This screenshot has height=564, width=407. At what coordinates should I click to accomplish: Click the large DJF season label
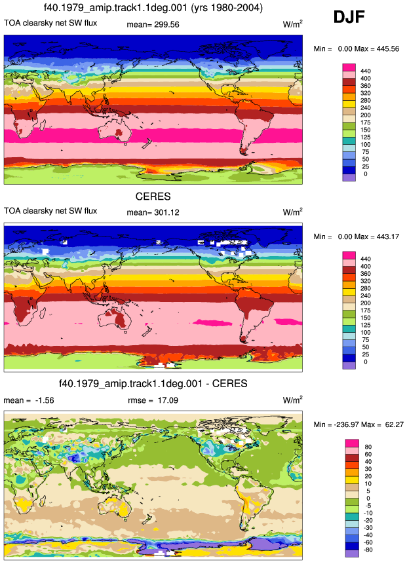(x=349, y=17)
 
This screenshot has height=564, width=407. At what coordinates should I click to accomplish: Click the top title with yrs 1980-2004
(x=153, y=8)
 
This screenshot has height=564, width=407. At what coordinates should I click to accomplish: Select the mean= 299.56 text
(x=153, y=24)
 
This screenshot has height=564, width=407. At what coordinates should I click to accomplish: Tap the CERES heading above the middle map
(x=153, y=197)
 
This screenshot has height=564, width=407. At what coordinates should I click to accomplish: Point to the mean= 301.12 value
(x=153, y=213)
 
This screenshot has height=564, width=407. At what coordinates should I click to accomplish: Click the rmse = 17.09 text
(x=153, y=400)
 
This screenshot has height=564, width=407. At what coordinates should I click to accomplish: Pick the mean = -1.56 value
(x=29, y=400)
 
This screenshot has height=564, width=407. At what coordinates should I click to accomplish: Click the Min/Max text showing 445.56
(x=357, y=49)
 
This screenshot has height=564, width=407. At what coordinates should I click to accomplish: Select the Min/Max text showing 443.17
(x=357, y=236)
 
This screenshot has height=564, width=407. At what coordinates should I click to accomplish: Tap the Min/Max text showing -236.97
(x=359, y=424)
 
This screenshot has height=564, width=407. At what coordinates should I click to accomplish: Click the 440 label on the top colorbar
(x=366, y=71)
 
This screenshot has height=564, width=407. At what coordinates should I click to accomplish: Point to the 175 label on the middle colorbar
(x=366, y=310)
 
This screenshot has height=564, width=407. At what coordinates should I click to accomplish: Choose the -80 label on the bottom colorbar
(x=367, y=550)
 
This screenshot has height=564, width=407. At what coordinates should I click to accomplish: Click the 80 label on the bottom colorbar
(x=368, y=447)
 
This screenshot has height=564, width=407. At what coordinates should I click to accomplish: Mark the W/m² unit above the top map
(x=292, y=24)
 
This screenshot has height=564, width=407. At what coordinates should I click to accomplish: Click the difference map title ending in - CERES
(x=153, y=384)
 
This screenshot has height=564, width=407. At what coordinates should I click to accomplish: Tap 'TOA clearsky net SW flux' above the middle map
(x=50, y=211)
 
